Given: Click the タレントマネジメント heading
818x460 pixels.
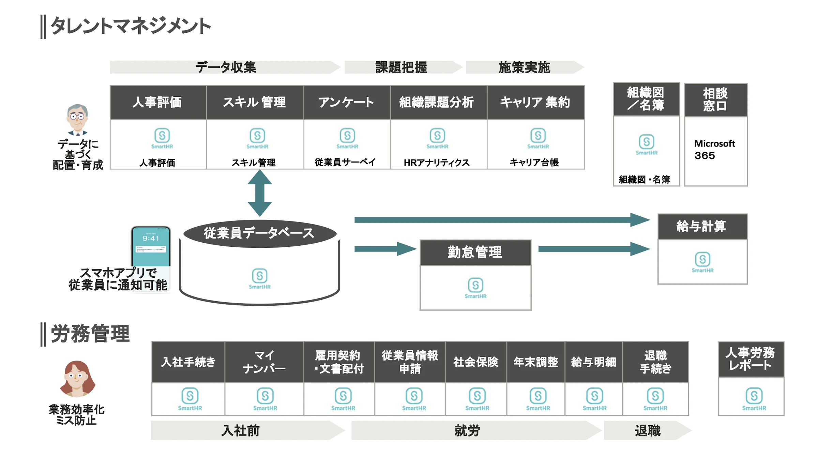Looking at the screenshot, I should tap(131, 26).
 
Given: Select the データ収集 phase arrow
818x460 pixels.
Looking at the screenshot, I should tap(225, 67).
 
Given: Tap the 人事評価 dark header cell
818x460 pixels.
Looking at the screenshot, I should tap(158, 102).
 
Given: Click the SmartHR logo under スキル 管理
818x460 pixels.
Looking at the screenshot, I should tap(257, 138).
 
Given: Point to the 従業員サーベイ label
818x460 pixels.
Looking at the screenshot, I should tap(345, 162).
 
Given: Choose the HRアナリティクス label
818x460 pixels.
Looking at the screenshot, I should tap(437, 163).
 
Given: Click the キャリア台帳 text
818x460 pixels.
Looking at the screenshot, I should tap(534, 163).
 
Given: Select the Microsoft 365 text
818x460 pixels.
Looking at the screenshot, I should tap(714, 149).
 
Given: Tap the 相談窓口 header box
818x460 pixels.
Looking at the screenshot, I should tap(715, 99).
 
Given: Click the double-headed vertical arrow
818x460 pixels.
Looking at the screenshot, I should tap(260, 193).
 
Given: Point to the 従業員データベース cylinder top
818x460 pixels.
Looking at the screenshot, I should tap(260, 233).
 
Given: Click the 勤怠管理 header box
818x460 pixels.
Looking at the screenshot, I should tap(475, 252).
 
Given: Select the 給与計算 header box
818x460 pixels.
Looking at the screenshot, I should tap(702, 226).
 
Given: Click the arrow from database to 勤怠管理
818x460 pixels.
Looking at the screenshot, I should tap(385, 249).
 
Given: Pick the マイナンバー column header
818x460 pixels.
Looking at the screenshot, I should tap(264, 362).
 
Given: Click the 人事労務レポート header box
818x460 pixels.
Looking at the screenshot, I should tap(751, 359).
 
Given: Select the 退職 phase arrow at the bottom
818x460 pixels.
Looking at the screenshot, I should tap(647, 430).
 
